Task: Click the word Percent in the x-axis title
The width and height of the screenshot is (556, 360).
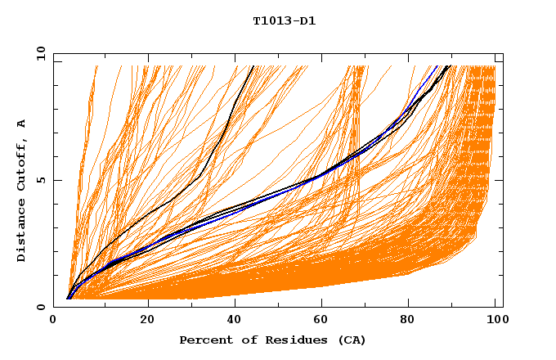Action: [204, 340]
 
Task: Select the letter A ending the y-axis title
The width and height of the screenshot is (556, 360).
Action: [22, 124]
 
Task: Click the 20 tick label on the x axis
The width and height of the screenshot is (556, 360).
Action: [147, 322]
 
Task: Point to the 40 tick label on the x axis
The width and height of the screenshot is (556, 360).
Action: [235, 322]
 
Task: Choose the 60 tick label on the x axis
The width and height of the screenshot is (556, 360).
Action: [324, 322]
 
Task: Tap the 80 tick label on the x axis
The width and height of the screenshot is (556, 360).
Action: [412, 322]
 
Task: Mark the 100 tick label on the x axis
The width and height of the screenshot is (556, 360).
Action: [496, 322]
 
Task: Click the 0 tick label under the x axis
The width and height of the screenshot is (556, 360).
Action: [54, 322]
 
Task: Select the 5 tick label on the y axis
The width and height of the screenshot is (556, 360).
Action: [40, 180]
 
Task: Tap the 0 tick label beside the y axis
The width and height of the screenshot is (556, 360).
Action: [40, 307]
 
